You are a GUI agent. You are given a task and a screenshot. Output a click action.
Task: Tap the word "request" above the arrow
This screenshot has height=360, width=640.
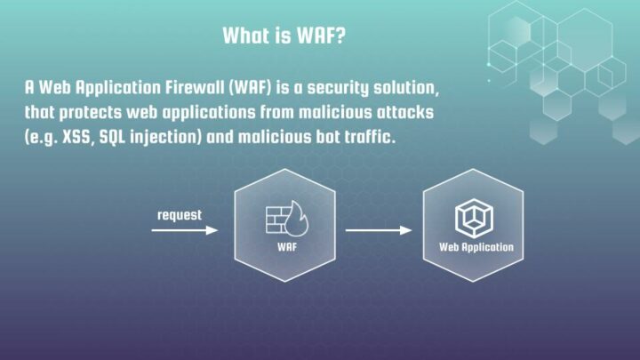(x=180, y=215)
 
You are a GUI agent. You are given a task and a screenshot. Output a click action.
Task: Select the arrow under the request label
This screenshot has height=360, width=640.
(x=185, y=230)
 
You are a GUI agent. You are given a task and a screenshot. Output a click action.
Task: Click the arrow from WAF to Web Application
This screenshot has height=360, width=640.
(x=379, y=230)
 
